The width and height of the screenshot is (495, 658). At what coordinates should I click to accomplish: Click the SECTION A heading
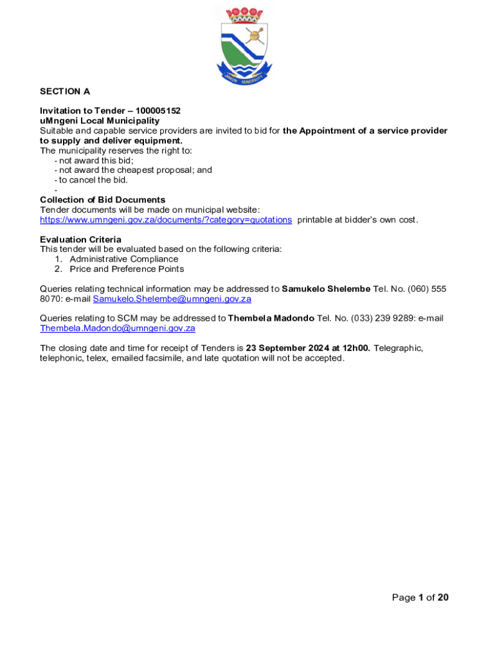pyautogui.click(x=64, y=91)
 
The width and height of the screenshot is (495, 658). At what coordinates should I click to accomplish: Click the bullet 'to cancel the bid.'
pyautogui.click(x=93, y=180)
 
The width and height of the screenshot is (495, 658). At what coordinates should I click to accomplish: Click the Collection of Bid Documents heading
pyautogui.click(x=102, y=200)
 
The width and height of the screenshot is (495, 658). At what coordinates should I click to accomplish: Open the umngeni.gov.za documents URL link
pyautogui.click(x=165, y=220)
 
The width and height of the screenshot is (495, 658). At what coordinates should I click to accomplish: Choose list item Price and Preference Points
pyautogui.click(x=127, y=269)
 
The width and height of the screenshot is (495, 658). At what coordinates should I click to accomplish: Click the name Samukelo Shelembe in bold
pyautogui.click(x=326, y=289)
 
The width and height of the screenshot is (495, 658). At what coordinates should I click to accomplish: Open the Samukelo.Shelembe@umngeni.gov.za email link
pyautogui.click(x=172, y=299)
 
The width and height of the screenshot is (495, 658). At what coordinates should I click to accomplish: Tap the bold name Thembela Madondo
pyautogui.click(x=271, y=318)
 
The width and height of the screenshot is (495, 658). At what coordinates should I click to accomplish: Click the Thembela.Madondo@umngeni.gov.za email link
pyautogui.click(x=118, y=328)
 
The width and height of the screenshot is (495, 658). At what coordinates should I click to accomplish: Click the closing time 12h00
pyautogui.click(x=356, y=348)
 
